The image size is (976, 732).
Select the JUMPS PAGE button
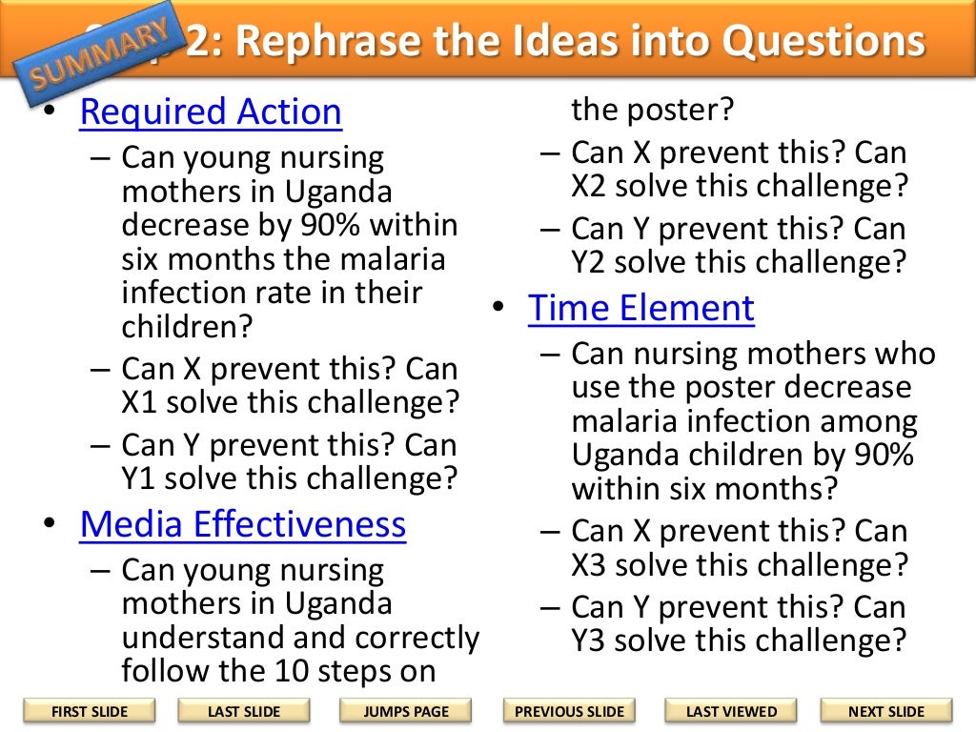pyautogui.click(x=405, y=711)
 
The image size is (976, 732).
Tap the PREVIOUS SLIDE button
pyautogui.click(x=569, y=711)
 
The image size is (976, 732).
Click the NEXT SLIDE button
pyautogui.click(x=885, y=711)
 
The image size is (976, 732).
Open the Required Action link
pyautogui.click(x=211, y=112)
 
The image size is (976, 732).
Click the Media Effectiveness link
pyautogui.click(x=243, y=524)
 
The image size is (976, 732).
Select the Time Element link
pyautogui.click(x=641, y=309)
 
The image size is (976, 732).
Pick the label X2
pyautogui.click(x=592, y=186)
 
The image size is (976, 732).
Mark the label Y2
pyautogui.click(x=592, y=261)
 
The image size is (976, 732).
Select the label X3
pyautogui.click(x=592, y=564)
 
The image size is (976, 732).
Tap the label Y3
pyautogui.click(x=592, y=640)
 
